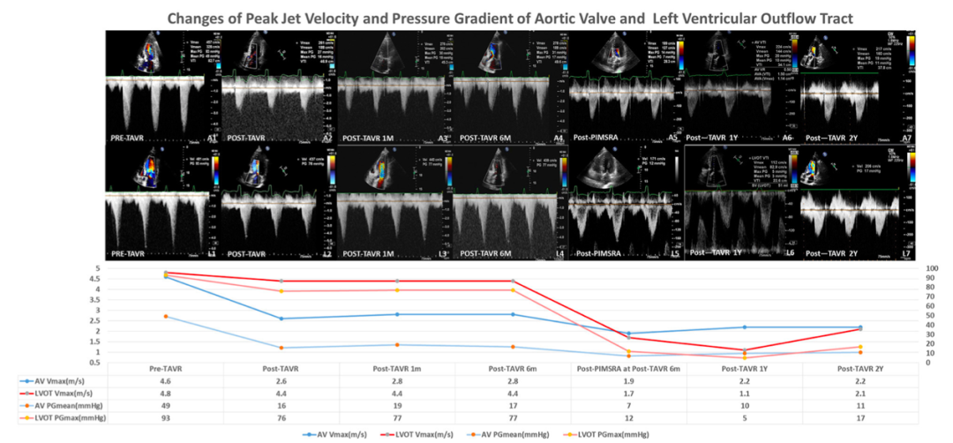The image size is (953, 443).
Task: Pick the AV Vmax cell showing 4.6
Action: (x=166, y=381)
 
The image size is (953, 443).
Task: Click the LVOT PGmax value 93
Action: (x=166, y=417)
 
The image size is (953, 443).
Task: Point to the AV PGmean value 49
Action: (x=166, y=405)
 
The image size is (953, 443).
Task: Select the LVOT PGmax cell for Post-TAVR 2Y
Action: (x=860, y=417)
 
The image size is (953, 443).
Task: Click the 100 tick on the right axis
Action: (x=930, y=268)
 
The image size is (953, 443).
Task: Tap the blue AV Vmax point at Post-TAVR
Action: (x=281, y=319)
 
